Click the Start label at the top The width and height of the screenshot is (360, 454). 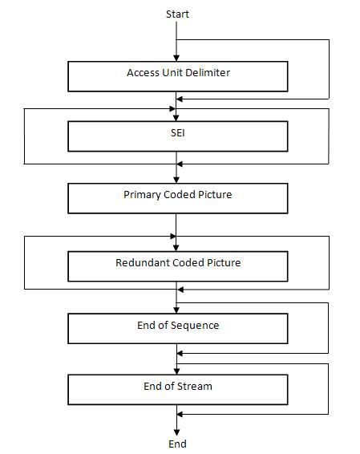177,14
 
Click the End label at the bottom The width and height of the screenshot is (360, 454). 177,444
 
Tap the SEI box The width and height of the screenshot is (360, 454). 177,136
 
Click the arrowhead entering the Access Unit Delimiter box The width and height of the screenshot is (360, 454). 176,59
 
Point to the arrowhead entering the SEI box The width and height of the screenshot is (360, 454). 176,117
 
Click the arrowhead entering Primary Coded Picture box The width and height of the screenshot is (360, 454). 176,180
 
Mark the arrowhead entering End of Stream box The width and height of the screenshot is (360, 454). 176,371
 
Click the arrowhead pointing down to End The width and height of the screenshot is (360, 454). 176,432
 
